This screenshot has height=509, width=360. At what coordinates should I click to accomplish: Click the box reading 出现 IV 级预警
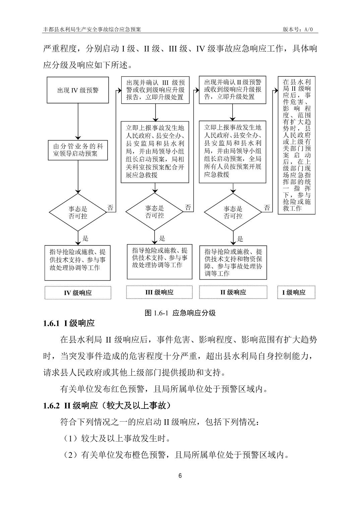[x=78, y=90]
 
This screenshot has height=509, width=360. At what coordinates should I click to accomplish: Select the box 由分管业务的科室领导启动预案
[x=78, y=150]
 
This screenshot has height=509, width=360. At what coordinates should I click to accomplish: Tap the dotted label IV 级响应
[x=78, y=293]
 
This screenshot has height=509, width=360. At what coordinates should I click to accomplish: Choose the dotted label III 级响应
[x=159, y=292]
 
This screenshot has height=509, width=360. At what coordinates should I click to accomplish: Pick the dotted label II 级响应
[x=233, y=292]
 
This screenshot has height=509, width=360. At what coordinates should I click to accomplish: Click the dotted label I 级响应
[x=296, y=292]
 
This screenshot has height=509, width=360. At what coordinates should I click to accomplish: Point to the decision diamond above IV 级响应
[x=78, y=212]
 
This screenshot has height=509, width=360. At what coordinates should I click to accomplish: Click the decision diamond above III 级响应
[x=155, y=212]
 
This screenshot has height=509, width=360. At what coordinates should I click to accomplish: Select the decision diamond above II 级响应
[x=233, y=212]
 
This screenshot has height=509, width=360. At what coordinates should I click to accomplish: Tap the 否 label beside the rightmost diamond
[x=267, y=208]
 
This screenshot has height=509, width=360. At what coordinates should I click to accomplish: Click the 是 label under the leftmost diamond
[x=85, y=238]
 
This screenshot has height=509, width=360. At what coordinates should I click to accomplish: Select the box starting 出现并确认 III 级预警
[x=155, y=90]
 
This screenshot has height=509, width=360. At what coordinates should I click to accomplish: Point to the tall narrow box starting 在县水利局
[x=297, y=145]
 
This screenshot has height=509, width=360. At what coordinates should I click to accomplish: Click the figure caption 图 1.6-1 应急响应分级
[x=180, y=313]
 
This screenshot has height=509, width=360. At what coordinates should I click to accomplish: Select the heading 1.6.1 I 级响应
[x=69, y=323]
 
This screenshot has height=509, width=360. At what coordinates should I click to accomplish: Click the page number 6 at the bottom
[x=180, y=476]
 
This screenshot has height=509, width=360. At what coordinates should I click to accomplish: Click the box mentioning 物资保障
[x=233, y=263]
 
